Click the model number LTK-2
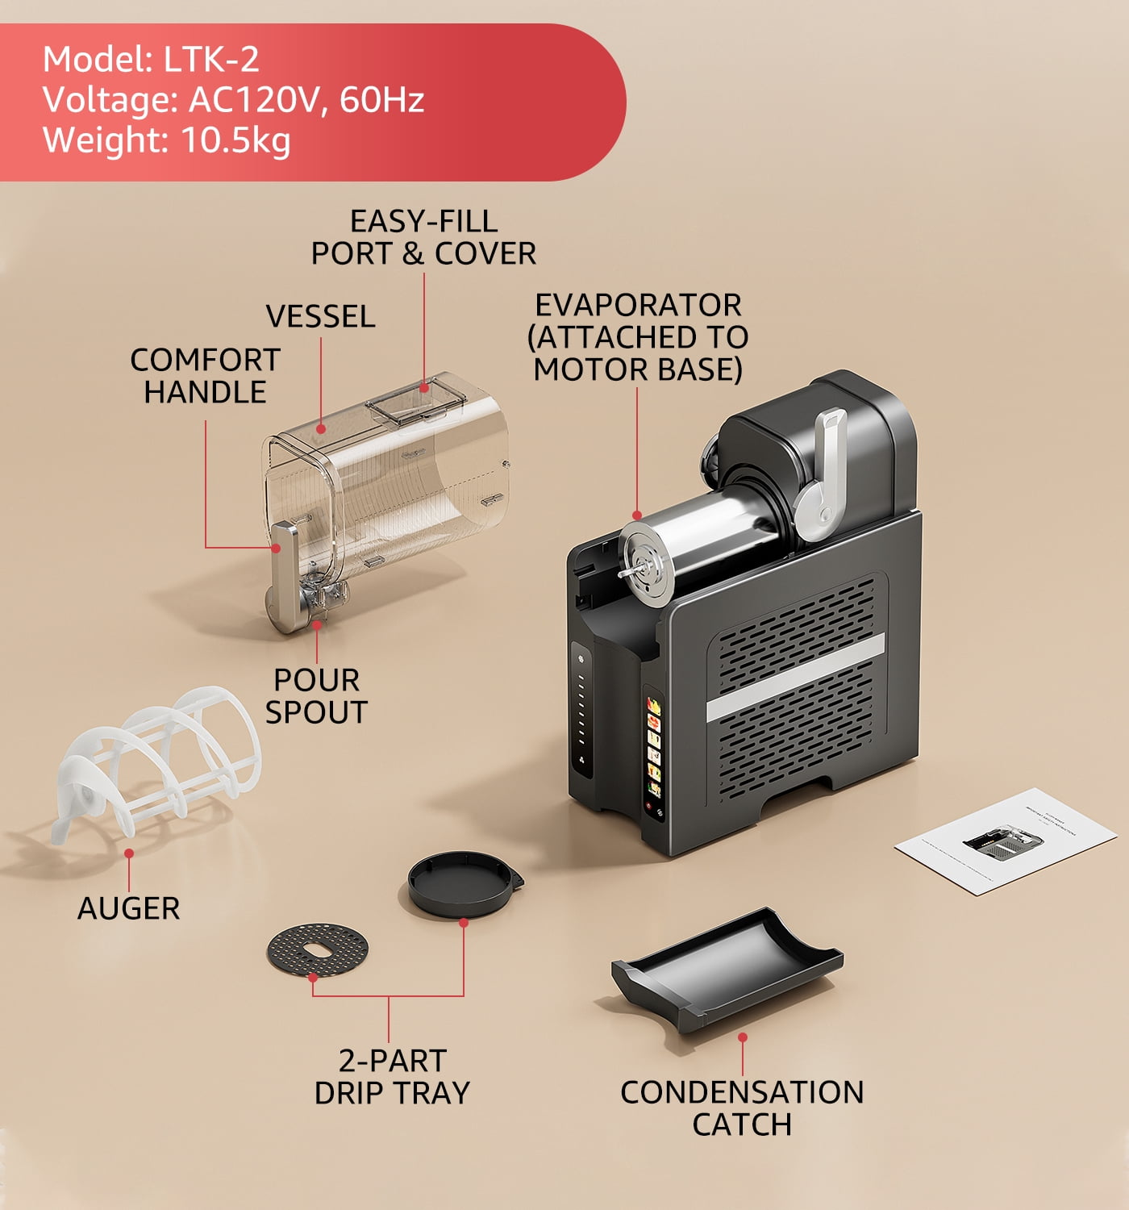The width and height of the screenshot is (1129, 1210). pos(211,59)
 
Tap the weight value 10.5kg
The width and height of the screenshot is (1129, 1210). pos(235,140)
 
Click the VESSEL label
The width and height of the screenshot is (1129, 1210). pos(320,316)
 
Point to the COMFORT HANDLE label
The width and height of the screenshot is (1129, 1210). pos(206,375)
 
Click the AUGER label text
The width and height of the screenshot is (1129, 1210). pos(128,908)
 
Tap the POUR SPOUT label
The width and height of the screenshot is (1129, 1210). pos(316,696)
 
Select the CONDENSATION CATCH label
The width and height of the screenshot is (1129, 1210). pos(742,1108)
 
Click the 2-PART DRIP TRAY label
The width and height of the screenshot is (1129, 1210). pos(393,1077)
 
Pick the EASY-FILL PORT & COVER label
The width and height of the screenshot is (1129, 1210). pos(423,237)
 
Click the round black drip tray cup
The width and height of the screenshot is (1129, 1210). pos(465,884)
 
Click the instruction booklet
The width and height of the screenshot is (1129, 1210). pos(1006,841)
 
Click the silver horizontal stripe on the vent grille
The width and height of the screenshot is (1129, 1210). pos(795,678)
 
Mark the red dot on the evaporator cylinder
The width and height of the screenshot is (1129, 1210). pos(637,515)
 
